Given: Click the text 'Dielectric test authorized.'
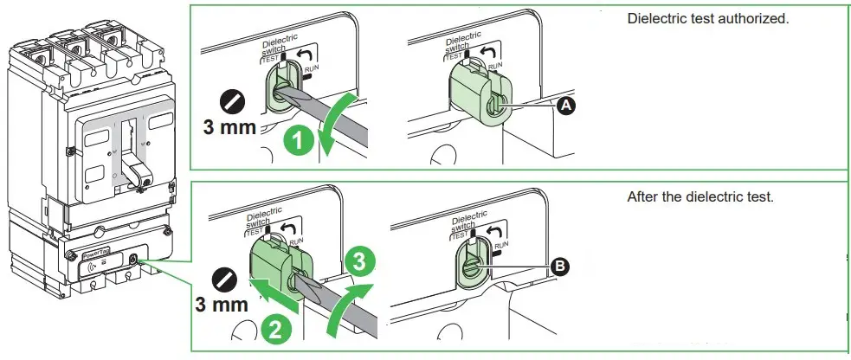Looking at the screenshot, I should click(707, 18).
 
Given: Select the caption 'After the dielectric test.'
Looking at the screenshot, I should click(699, 197).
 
